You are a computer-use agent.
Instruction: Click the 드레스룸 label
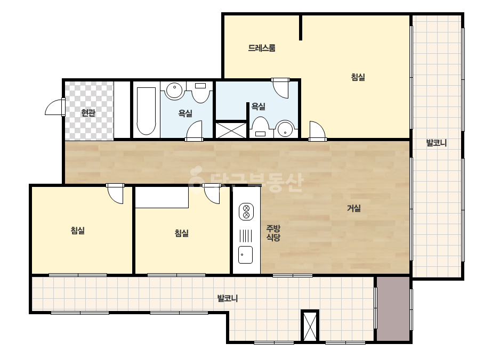point(262,48)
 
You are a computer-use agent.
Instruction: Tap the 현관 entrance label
point(88,112)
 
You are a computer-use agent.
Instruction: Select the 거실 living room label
point(353,208)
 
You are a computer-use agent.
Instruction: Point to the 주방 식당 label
point(273,233)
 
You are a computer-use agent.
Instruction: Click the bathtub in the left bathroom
point(146,111)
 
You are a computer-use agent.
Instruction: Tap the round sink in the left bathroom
point(174,91)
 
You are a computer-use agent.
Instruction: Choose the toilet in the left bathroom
point(200,92)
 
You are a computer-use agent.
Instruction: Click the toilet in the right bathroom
point(261,127)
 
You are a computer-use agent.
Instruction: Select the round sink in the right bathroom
point(285,129)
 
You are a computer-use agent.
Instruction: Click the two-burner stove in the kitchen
point(246,211)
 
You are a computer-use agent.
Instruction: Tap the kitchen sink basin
point(245,255)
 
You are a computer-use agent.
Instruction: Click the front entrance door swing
point(55,107)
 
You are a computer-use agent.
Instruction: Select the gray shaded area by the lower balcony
point(393,309)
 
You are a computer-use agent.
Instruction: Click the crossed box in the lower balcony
point(310,326)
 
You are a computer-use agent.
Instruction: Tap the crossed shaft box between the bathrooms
point(231,130)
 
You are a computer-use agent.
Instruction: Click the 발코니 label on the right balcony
point(436,143)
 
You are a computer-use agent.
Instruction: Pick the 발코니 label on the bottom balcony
point(228,298)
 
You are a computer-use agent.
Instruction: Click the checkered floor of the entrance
point(89,110)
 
